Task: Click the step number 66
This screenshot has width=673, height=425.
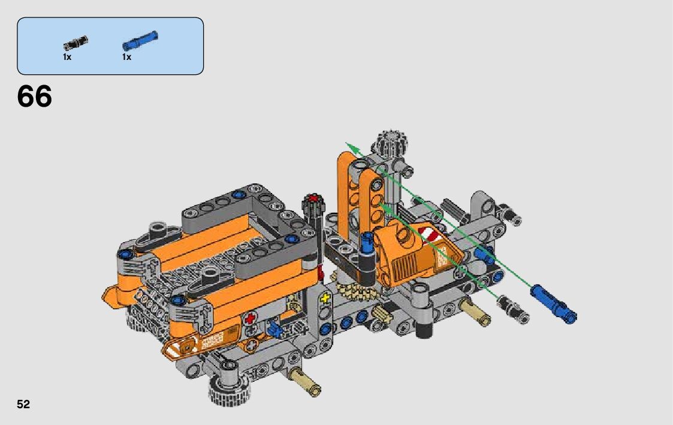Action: (34, 96)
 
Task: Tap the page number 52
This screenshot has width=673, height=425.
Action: (23, 405)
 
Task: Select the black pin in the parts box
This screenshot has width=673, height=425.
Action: (76, 43)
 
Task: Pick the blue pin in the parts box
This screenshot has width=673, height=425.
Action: (140, 41)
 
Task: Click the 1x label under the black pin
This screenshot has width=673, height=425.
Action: (67, 57)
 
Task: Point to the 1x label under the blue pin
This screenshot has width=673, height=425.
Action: (126, 57)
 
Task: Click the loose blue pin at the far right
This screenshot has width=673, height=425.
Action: (554, 303)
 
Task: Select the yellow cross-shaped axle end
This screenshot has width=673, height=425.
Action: (325, 297)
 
